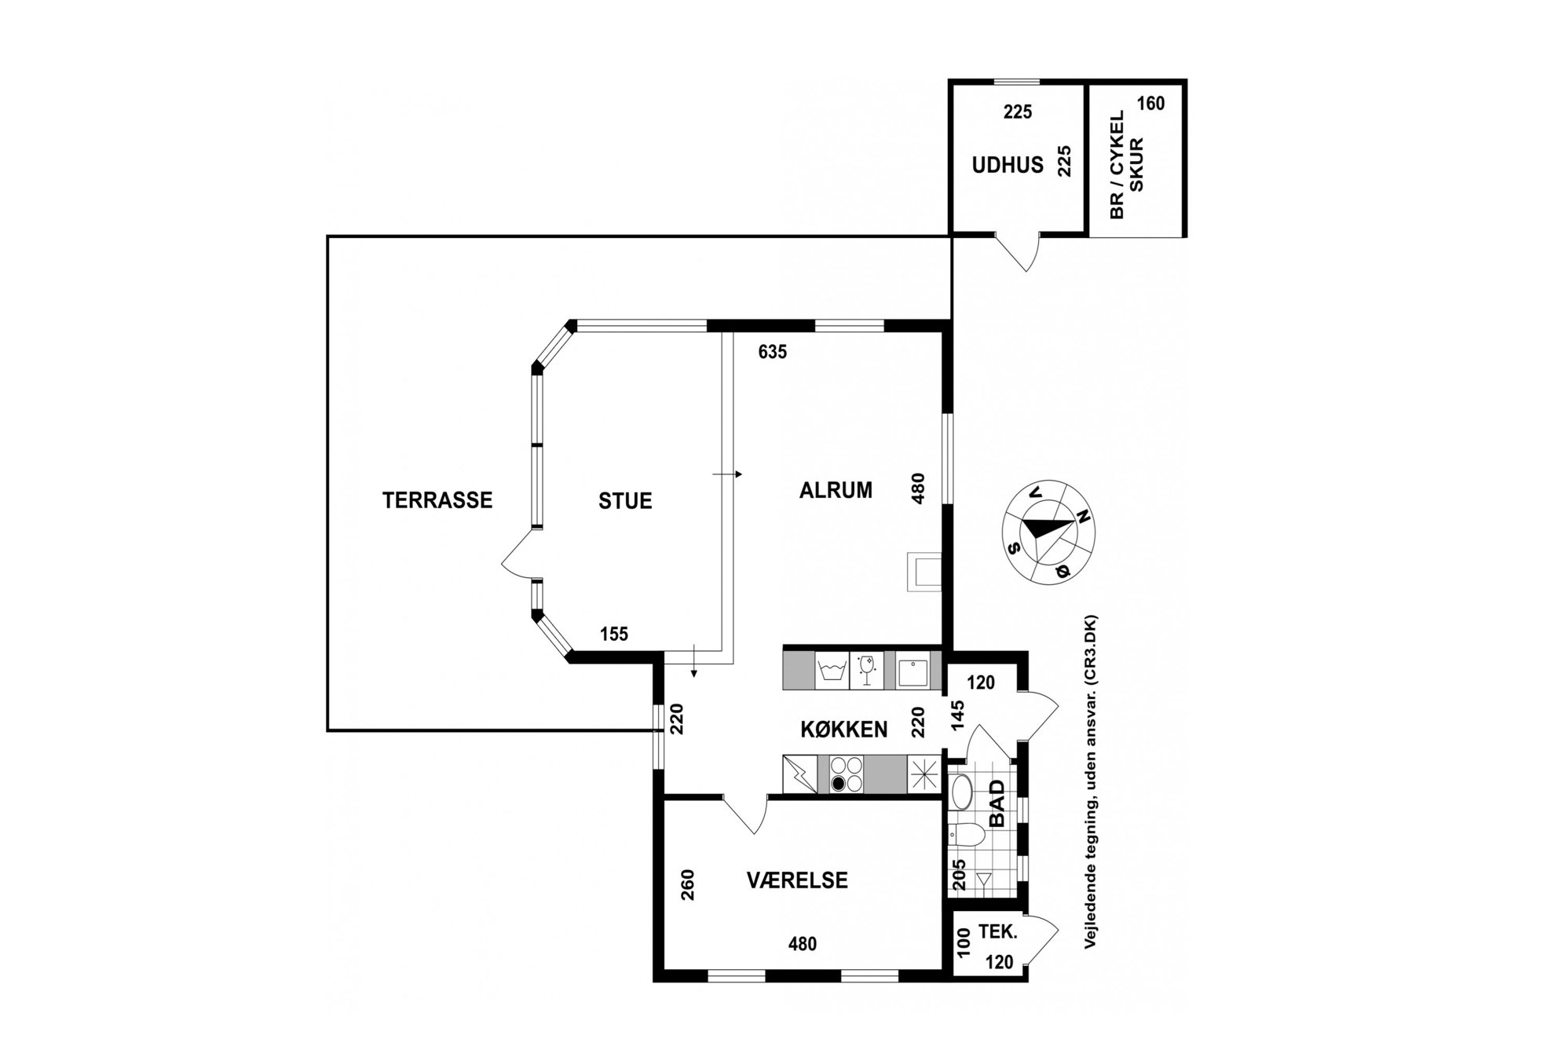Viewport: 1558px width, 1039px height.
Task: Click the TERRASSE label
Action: click(437, 500)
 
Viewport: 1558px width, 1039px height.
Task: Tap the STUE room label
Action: click(625, 501)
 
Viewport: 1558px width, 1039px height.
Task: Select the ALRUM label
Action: click(836, 490)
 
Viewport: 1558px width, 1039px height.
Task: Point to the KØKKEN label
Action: click(844, 730)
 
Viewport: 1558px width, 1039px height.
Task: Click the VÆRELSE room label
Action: click(797, 880)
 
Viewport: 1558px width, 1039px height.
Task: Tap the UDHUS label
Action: click(1008, 165)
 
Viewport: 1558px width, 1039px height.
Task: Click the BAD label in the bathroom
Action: click(997, 803)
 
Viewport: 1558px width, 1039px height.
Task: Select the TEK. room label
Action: click(998, 933)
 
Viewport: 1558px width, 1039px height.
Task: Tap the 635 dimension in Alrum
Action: click(773, 353)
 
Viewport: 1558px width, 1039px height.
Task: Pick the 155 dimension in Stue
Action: click(614, 634)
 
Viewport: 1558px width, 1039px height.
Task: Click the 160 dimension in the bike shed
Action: click(1150, 104)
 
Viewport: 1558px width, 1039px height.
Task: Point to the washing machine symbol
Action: click(832, 671)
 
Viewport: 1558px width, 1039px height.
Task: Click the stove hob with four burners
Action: click(847, 774)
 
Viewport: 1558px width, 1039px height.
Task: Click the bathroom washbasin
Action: click(960, 792)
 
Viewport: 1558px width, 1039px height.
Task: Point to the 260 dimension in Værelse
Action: click(688, 884)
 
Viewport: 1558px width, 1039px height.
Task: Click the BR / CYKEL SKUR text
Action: click(1126, 164)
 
